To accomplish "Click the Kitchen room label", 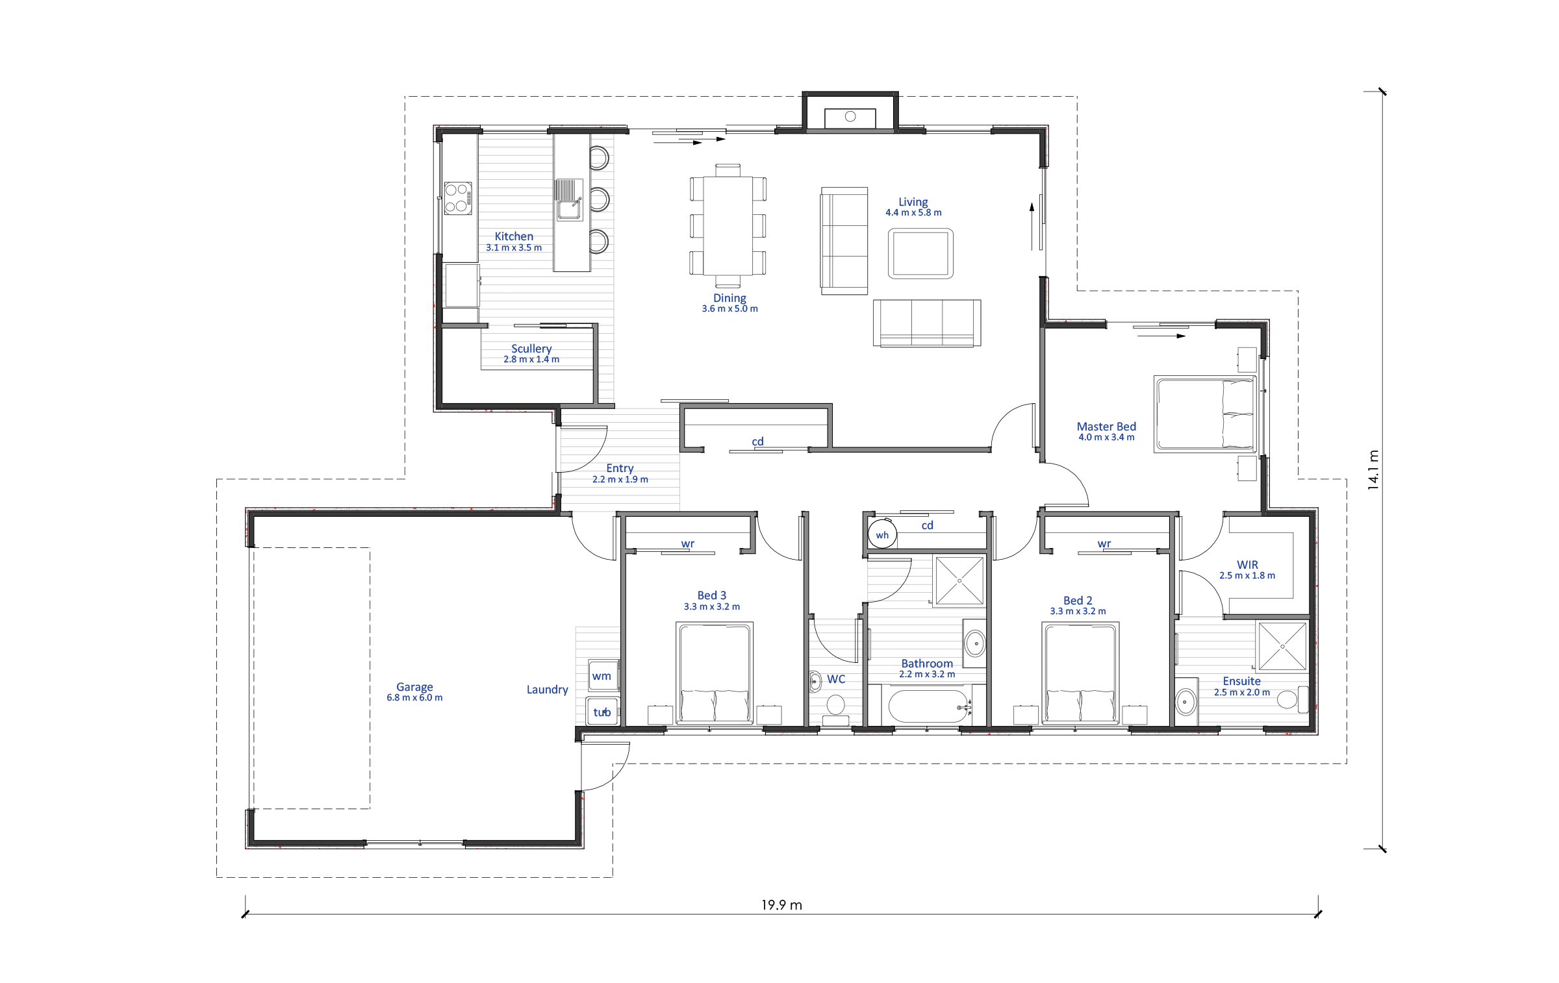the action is click(514, 236).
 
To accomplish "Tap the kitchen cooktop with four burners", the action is click(458, 199).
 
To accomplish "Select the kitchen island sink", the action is click(570, 200).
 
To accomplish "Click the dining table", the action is click(728, 226).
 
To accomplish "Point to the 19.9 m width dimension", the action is click(781, 905).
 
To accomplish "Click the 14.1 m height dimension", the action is click(1373, 469).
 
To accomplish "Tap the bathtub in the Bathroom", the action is click(928, 706).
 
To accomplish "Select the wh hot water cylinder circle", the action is click(882, 534).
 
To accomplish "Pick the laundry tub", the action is click(602, 712).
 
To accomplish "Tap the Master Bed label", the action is click(1106, 427).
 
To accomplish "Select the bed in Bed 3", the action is click(715, 673).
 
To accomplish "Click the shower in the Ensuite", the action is click(1282, 646).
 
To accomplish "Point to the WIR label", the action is click(1247, 565).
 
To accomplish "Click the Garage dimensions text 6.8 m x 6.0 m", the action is click(414, 698).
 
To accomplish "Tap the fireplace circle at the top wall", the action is click(850, 117).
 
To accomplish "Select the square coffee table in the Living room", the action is click(920, 253).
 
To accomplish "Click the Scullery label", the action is click(531, 349).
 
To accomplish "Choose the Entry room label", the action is click(620, 468).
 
